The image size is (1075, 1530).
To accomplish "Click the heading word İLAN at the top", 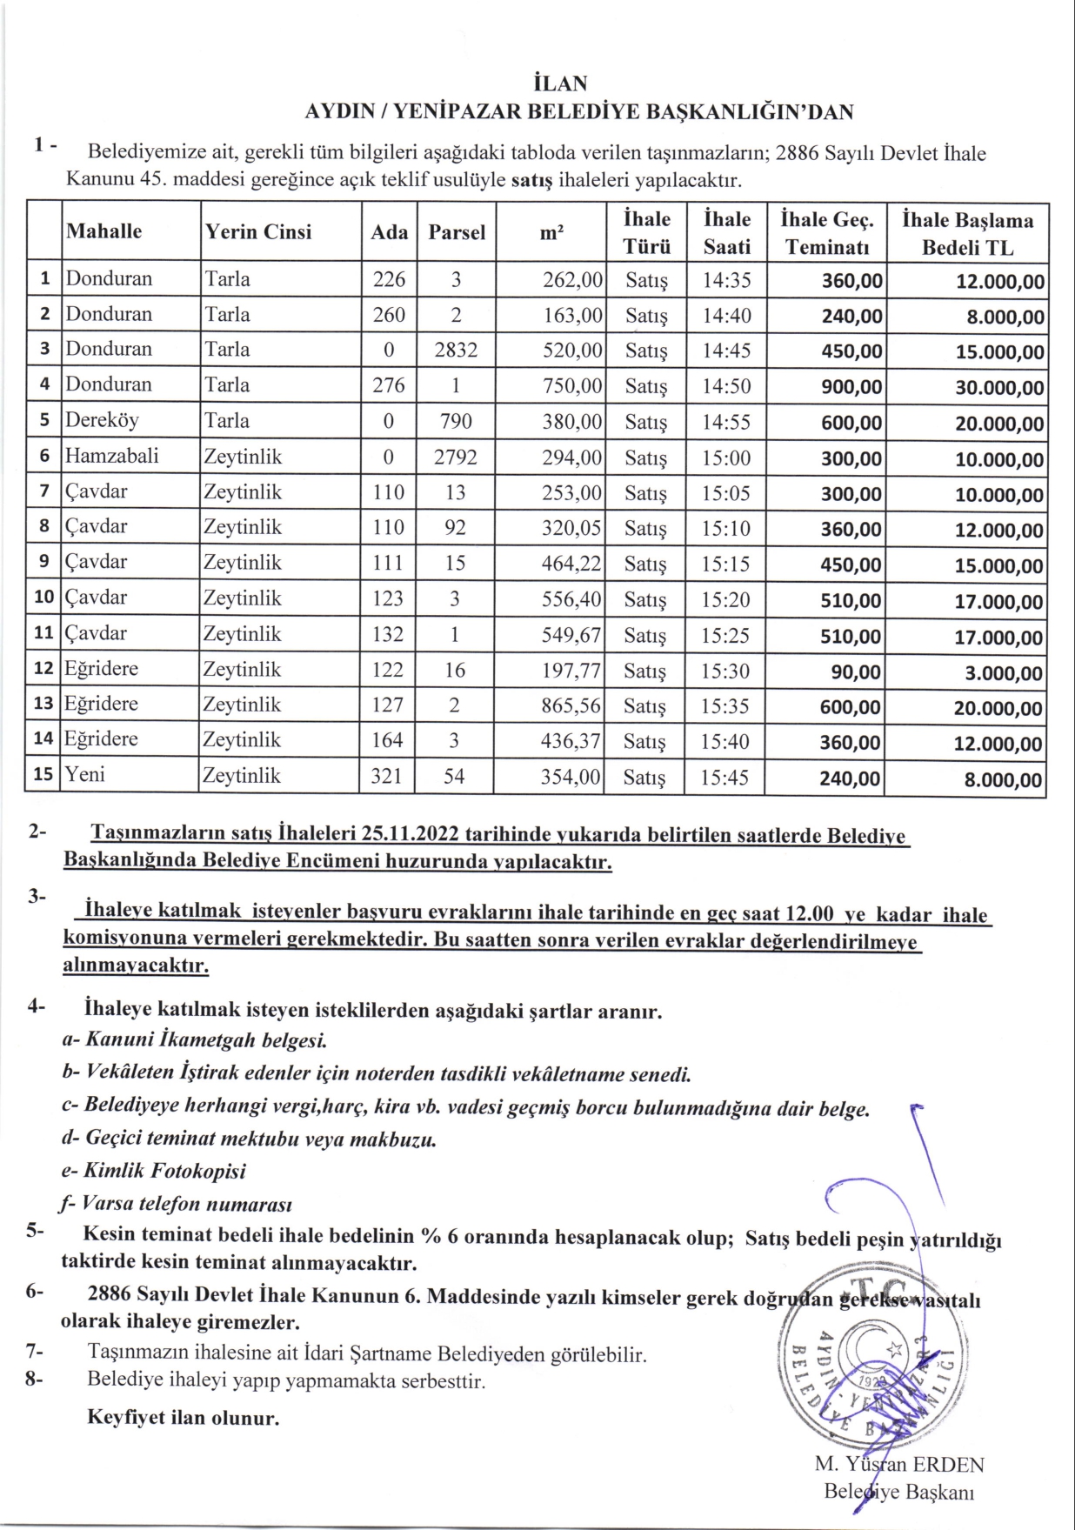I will (x=560, y=84).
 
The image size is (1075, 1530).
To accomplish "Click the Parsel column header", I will (x=457, y=232).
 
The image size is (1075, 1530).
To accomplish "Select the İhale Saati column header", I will (x=726, y=232).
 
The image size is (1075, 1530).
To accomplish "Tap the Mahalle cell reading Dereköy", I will (x=102, y=420).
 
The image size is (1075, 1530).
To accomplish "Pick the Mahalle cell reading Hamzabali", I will (x=111, y=456).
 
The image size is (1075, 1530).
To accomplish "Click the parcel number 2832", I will (x=456, y=350).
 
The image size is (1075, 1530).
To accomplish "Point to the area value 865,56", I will (x=571, y=705).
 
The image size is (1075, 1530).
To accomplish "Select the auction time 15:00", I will (x=726, y=458).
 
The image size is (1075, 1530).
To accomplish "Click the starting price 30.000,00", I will (x=1000, y=388).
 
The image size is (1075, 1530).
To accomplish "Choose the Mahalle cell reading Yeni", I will (x=84, y=774).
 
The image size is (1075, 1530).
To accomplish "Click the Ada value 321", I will (x=387, y=776).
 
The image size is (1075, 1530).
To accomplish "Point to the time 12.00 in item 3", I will (x=810, y=914).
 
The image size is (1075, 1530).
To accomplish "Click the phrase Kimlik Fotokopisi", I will (x=164, y=1171).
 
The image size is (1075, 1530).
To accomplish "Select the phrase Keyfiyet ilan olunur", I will (x=184, y=1418).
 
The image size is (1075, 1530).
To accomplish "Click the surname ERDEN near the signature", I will (x=949, y=1465).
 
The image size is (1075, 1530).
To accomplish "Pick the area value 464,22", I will (x=571, y=564).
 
